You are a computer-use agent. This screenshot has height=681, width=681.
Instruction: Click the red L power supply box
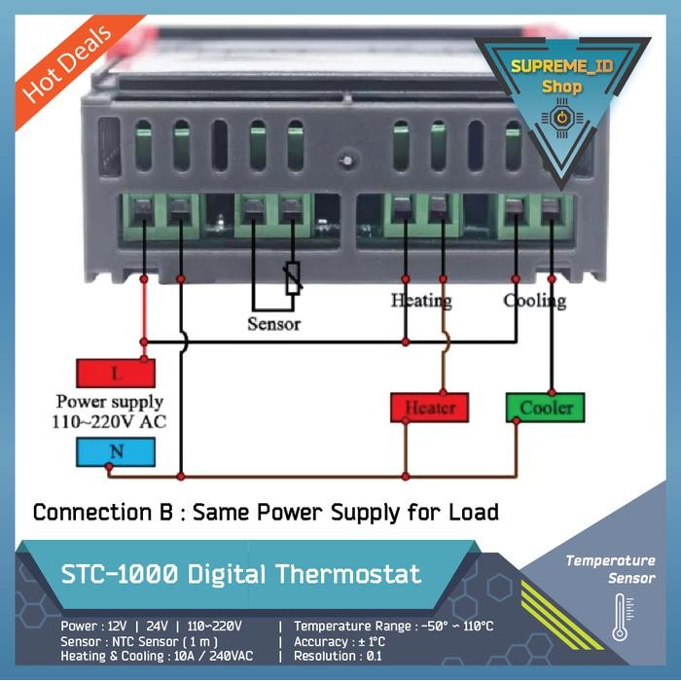pyautogui.click(x=116, y=374)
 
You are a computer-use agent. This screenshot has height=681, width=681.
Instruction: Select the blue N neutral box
pyautogui.click(x=116, y=451)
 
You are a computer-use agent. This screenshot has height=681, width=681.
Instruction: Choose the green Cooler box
pyautogui.click(x=545, y=408)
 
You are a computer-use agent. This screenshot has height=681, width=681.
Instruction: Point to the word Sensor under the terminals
pyautogui.click(x=274, y=324)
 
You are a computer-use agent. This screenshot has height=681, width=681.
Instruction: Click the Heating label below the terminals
pyautogui.click(x=421, y=300)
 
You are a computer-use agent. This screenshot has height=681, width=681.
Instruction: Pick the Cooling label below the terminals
pyautogui.click(x=535, y=300)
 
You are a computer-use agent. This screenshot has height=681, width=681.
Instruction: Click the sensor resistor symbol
pyautogui.click(x=290, y=279)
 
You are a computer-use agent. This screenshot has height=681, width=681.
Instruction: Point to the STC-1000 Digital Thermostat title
pyautogui.click(x=241, y=574)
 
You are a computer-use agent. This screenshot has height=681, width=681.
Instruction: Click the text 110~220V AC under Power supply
pyautogui.click(x=109, y=421)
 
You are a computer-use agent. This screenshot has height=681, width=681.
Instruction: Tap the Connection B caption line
pyautogui.click(x=266, y=511)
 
